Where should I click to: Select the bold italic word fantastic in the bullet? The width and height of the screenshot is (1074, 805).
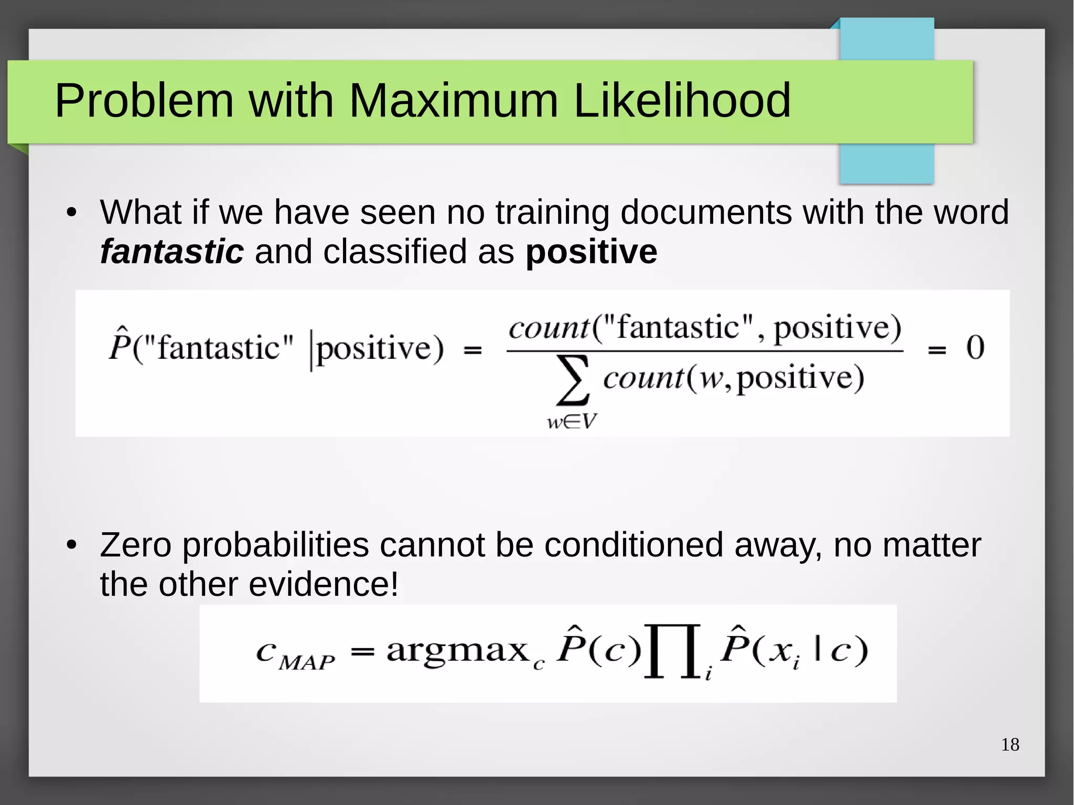point(171,252)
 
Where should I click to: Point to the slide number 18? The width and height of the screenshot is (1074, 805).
point(1009,745)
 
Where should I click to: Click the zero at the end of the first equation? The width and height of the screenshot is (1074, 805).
point(975,347)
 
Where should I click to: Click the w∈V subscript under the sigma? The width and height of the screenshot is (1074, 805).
point(572,421)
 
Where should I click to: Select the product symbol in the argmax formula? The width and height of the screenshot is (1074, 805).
point(673,651)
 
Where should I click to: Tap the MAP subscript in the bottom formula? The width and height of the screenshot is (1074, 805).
point(306,663)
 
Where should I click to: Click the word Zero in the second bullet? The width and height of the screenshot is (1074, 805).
point(136,545)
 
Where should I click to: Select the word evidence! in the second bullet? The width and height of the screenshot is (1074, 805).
point(324,584)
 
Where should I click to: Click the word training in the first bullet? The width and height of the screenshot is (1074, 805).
point(552,213)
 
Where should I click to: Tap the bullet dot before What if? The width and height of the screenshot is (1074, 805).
point(72,213)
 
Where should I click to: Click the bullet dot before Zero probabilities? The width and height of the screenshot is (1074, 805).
point(72,546)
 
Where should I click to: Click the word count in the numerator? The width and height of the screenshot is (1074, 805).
point(550,329)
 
